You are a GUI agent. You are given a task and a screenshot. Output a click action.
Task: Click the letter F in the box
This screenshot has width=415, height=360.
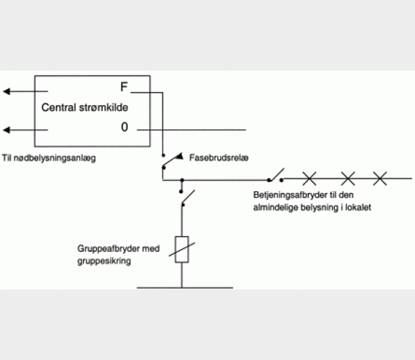(x=124, y=87)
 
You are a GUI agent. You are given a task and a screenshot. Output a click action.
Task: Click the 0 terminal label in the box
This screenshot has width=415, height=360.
(x=124, y=127)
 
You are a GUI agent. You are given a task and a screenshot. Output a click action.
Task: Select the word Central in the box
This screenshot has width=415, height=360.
(x=59, y=107)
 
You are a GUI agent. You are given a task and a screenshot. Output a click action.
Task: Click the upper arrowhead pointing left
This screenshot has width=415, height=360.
(x=7, y=91)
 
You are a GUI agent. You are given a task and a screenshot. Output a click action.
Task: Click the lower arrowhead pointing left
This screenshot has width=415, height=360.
(x=7, y=130)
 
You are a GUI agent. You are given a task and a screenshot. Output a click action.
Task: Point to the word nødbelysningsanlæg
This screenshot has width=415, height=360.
(x=55, y=158)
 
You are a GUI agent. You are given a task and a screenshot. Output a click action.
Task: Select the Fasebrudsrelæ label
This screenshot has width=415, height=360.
(x=219, y=158)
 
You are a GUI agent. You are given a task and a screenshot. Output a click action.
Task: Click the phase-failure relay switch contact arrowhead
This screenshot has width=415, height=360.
(x=180, y=156)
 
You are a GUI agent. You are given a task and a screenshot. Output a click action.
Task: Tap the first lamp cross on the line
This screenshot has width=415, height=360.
(x=309, y=179)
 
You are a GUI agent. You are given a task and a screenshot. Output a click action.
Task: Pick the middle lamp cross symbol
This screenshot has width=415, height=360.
(x=348, y=179)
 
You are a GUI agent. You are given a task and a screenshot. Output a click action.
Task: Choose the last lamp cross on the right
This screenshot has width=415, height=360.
(x=380, y=179)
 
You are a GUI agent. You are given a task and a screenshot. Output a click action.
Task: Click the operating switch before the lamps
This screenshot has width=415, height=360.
(x=276, y=175)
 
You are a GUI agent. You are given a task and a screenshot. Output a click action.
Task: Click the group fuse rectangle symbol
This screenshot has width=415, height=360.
(x=182, y=249)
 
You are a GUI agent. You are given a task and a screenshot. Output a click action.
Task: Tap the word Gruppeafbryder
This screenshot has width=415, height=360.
(x=109, y=249)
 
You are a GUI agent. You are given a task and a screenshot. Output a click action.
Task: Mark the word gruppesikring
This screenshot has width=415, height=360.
(x=104, y=261)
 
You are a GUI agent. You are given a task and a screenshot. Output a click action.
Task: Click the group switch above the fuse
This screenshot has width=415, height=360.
(x=187, y=197)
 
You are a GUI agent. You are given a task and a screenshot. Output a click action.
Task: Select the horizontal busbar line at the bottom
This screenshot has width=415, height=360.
(x=185, y=287)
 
